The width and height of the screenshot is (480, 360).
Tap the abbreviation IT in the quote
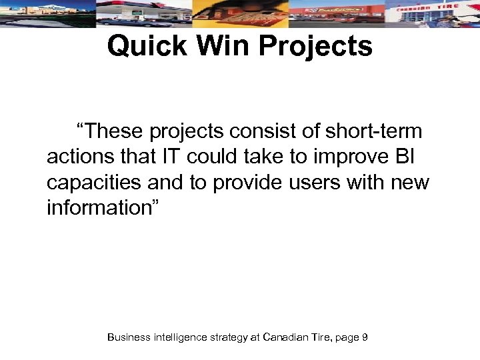[171, 157]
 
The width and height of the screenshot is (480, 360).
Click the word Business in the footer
[129, 337]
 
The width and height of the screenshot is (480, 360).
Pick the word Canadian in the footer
[285, 337]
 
